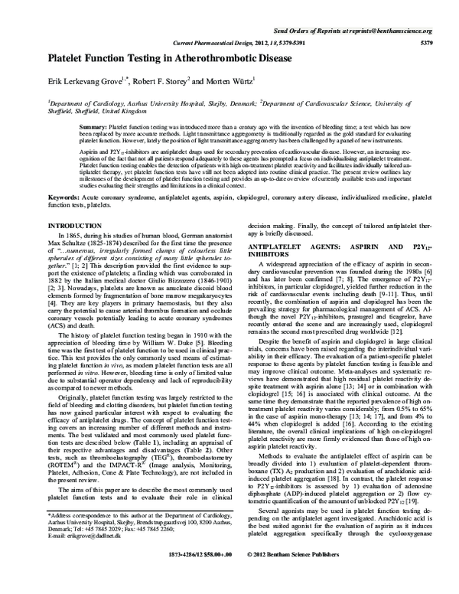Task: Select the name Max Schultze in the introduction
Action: [x=67, y=247]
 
